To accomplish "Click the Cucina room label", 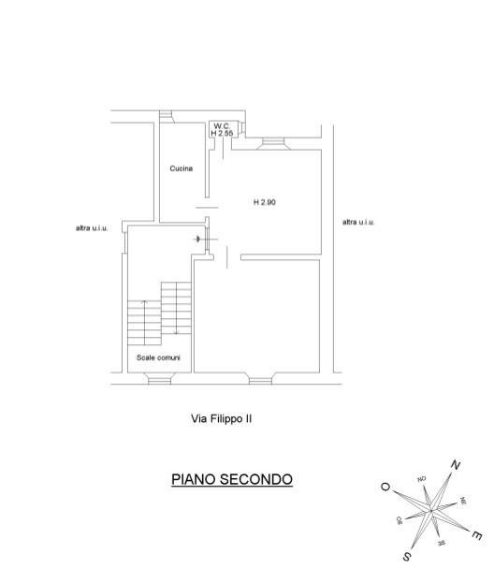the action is click(x=181, y=168).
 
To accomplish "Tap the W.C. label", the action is click(x=222, y=126).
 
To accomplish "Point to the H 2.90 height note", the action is click(x=265, y=202).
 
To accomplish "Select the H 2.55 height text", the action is click(x=222, y=133).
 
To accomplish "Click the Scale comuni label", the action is click(x=158, y=357).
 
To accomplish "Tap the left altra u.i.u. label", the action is click(x=92, y=228).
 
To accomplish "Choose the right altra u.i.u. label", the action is click(x=358, y=222).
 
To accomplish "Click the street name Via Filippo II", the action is click(x=221, y=418).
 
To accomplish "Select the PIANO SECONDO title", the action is click(x=232, y=479).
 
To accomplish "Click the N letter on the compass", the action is click(x=456, y=465).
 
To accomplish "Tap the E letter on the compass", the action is click(x=477, y=535).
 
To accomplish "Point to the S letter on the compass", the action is click(x=407, y=557).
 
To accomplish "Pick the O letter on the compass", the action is click(x=385, y=487).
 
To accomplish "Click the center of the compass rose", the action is click(x=431, y=511).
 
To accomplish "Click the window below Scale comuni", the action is click(x=159, y=378).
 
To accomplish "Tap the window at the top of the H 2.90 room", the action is click(x=273, y=144).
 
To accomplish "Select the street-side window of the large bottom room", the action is click(x=260, y=379).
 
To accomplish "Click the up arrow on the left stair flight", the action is click(x=145, y=322).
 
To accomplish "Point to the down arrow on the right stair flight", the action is click(x=176, y=308).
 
